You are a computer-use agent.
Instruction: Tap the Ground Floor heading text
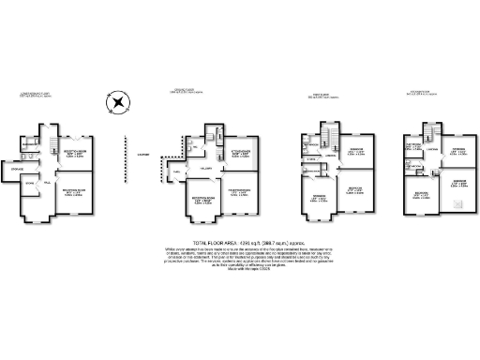coord(187,92)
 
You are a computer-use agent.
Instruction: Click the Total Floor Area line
coord(241,241)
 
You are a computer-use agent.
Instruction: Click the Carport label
coord(143,155)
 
